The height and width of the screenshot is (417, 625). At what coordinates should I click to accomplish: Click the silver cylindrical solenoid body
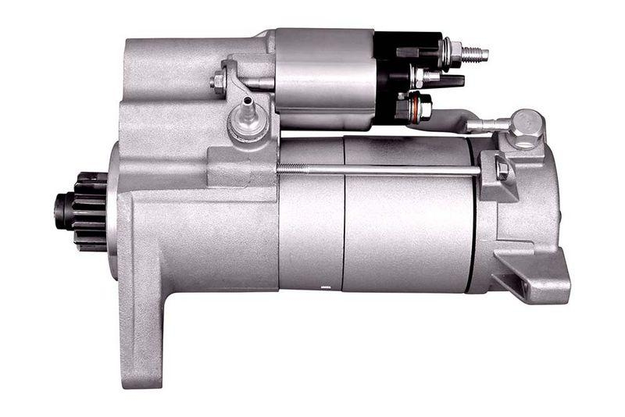[324, 78]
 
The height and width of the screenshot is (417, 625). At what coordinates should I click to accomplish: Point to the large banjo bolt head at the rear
[527, 127]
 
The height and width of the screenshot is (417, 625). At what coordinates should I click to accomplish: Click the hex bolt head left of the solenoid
[219, 81]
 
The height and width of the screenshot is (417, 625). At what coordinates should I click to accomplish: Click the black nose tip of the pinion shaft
[59, 205]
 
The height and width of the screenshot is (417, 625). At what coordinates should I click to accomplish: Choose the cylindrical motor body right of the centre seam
[406, 226]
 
